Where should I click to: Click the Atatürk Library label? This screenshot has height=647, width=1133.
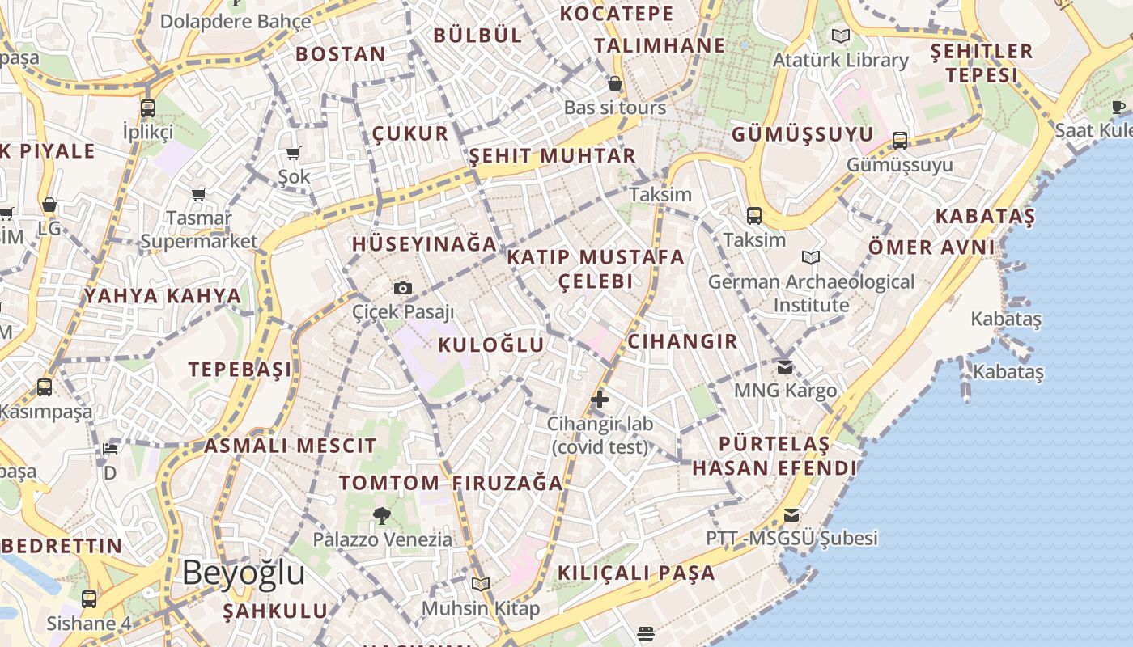(841, 60)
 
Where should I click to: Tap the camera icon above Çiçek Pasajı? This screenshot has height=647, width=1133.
(402, 288)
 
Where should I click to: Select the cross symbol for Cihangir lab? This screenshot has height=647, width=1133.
(600, 399)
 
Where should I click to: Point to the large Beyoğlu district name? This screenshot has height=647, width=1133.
(244, 573)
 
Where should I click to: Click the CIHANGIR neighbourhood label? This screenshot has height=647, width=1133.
(683, 341)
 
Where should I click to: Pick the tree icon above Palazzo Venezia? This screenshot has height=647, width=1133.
(382, 515)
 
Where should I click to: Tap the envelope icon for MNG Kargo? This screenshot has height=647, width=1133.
(785, 366)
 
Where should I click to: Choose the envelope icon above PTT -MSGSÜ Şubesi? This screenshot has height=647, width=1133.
(791, 514)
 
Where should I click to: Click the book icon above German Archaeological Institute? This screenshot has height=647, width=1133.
(811, 257)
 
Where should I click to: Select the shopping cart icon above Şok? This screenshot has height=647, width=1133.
(294, 153)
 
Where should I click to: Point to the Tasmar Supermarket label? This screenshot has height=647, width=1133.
(199, 230)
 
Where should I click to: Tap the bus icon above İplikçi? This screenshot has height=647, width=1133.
(148, 108)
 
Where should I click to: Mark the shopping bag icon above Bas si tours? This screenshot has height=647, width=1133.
(615, 83)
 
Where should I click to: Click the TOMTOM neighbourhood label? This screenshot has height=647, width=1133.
(389, 483)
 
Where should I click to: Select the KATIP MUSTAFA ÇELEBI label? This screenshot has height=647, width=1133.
(596, 269)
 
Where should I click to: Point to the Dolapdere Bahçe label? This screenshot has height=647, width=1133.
(236, 21)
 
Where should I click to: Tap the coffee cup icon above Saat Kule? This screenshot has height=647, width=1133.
(1118, 107)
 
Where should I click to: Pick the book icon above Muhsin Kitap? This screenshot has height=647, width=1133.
(481, 584)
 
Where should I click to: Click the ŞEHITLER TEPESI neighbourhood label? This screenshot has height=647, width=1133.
(982, 63)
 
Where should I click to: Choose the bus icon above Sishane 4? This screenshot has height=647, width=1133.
(89, 599)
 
